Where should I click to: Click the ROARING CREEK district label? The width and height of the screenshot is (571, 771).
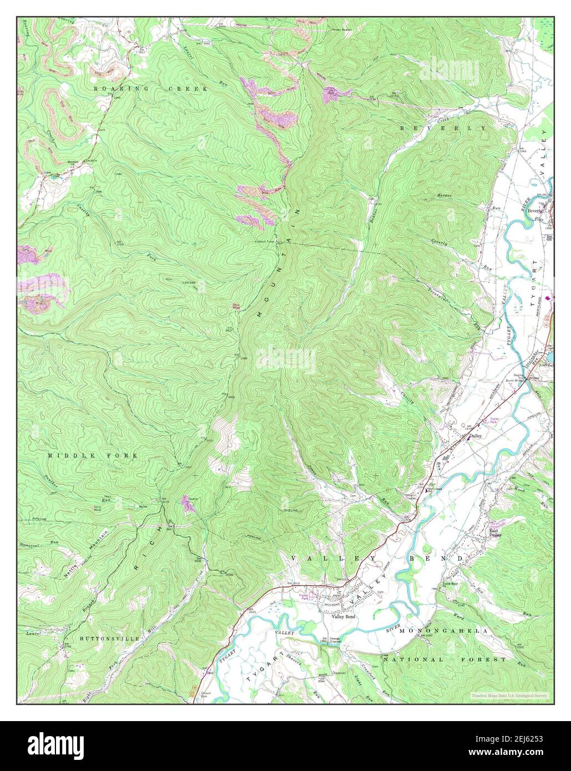click(150, 89)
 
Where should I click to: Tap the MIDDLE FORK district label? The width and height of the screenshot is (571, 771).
click(92, 455)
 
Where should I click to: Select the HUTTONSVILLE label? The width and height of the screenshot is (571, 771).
click(110, 639)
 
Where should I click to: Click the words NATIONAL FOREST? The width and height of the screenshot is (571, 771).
click(444, 660)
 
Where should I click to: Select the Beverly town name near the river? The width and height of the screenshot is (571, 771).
click(534, 211)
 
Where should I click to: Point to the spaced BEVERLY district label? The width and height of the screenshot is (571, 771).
click(443, 128)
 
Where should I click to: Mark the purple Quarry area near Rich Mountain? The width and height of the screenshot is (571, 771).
click(187, 504)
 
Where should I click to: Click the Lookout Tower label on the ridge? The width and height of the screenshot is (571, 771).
click(264, 241)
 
